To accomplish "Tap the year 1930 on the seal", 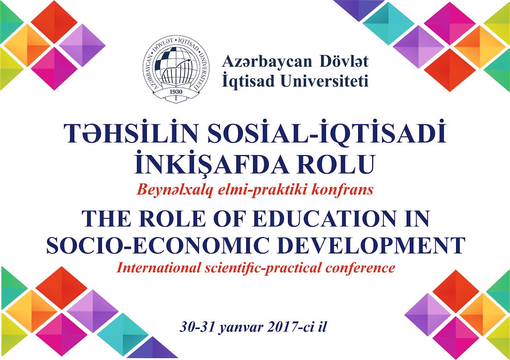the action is (x=176, y=92).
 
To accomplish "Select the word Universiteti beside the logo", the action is (x=324, y=81).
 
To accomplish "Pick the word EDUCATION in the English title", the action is (x=324, y=219).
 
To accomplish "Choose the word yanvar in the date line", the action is (x=241, y=327).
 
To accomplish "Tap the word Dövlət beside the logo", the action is (x=344, y=62).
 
